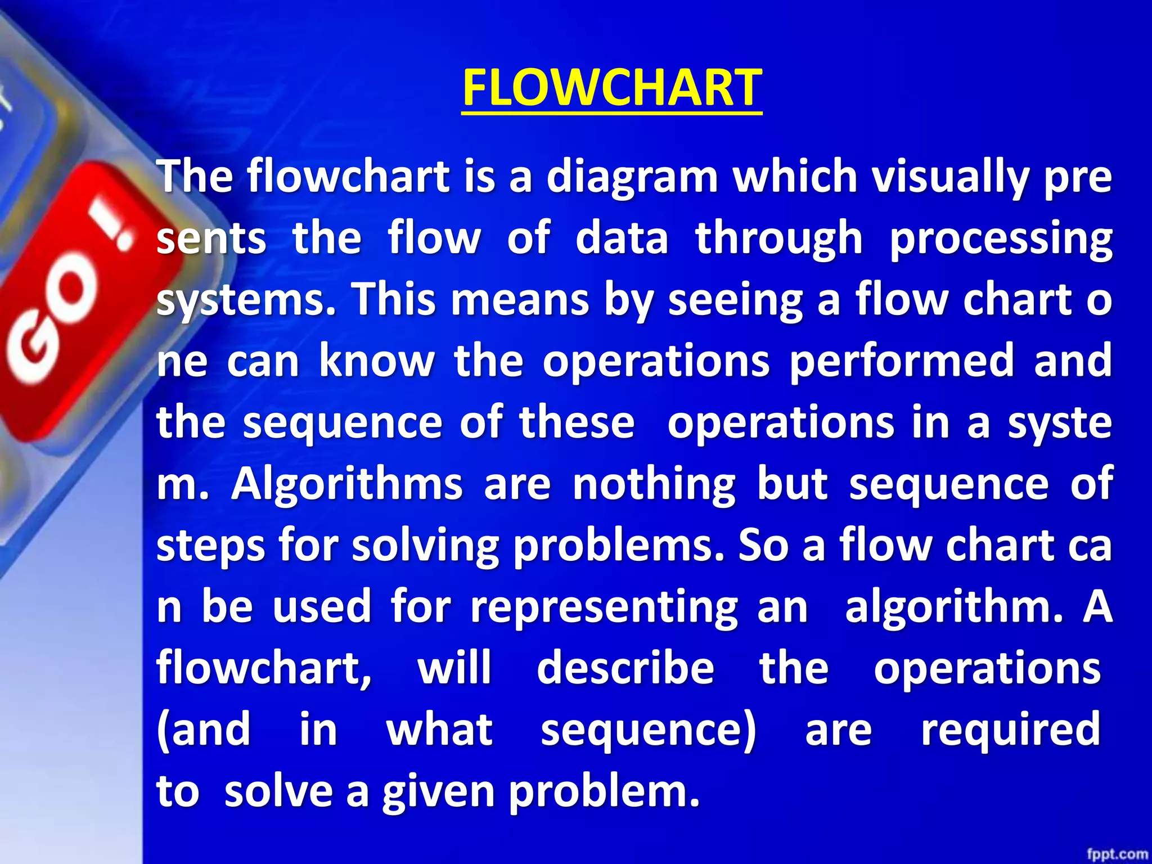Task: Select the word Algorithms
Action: point(347,485)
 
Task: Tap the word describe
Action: point(625,668)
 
